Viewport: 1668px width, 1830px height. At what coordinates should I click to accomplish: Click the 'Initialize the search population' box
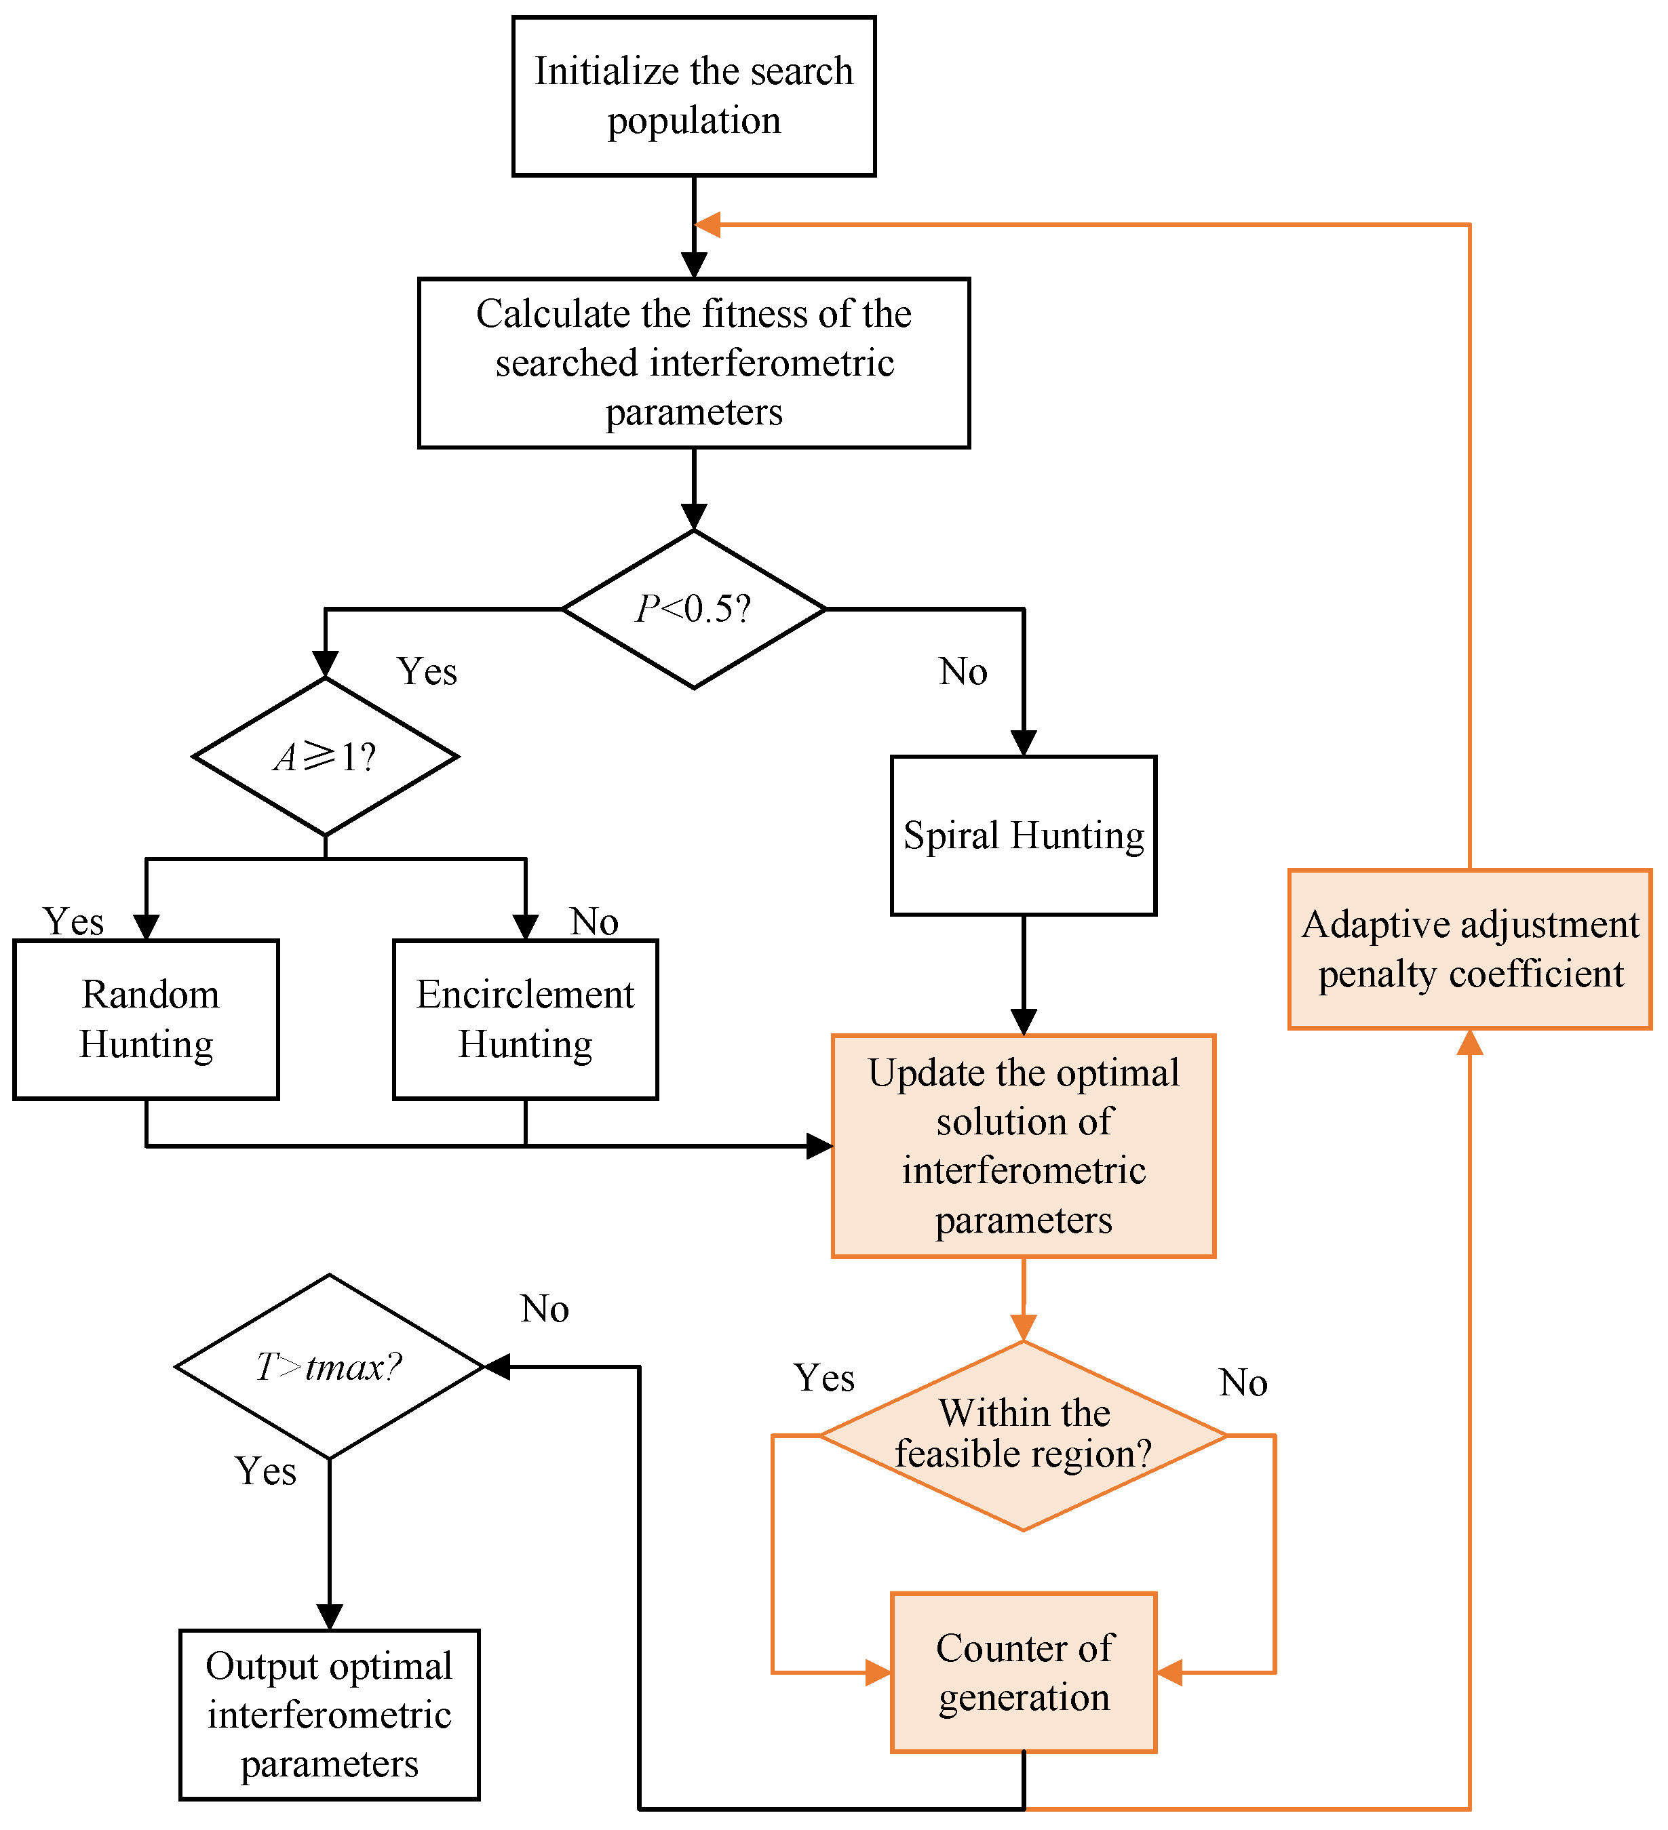coord(694,96)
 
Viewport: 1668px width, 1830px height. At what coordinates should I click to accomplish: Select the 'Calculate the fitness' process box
coord(694,362)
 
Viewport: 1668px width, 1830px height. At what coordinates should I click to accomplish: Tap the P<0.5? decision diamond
coord(694,609)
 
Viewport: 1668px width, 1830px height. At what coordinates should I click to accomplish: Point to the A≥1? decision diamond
coord(325,756)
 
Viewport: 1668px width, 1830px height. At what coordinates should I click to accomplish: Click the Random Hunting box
coord(147,1019)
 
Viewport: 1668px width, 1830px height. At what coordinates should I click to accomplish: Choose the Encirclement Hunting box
coord(525,1019)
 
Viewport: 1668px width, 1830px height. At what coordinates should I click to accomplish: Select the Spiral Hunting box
coord(1024,835)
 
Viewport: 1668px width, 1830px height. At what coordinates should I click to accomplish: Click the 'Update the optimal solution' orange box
coord(1024,1146)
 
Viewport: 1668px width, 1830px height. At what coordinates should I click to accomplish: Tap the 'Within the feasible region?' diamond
coord(1024,1435)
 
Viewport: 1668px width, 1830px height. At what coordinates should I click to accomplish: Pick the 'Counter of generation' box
coord(1024,1672)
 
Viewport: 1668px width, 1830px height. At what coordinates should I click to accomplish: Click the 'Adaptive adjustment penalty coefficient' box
coord(1469,949)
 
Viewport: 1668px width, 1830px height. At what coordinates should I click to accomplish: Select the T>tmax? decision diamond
coord(329,1366)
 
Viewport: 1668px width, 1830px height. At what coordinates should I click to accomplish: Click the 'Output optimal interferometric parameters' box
coord(329,1715)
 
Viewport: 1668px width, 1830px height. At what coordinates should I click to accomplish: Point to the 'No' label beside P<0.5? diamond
coord(963,672)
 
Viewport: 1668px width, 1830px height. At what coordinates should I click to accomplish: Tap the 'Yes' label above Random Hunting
coord(73,921)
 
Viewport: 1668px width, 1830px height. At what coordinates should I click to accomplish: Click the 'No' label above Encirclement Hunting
coord(594,921)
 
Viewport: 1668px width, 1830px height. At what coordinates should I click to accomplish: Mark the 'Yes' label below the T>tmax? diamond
coord(265,1471)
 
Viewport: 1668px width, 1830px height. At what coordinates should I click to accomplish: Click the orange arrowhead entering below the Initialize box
coord(708,224)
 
